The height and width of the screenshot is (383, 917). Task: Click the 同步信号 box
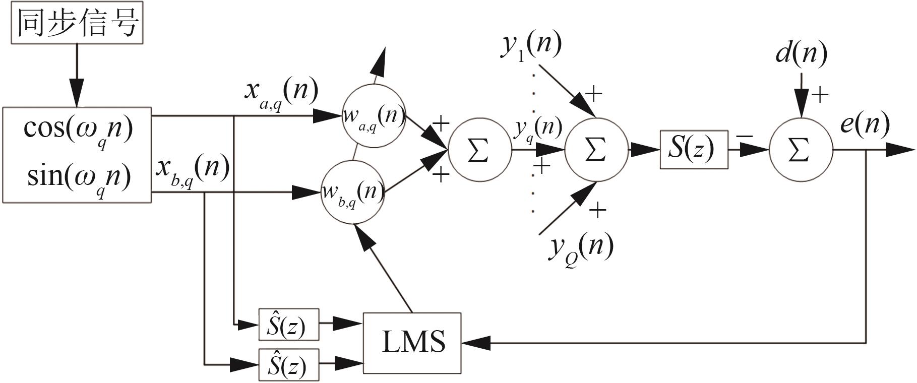click(77, 23)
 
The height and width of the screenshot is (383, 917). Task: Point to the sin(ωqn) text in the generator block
click(78, 177)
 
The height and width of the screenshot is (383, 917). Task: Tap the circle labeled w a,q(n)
click(374, 117)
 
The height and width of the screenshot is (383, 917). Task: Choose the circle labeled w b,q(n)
click(352, 192)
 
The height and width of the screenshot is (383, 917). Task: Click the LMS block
click(412, 343)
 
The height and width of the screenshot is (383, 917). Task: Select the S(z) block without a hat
click(694, 149)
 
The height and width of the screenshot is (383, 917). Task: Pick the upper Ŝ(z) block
click(288, 325)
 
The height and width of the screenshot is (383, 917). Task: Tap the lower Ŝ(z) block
click(288, 364)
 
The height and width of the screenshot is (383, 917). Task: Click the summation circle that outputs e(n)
click(800, 150)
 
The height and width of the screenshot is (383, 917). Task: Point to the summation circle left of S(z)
click(595, 150)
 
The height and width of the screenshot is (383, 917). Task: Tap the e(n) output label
click(864, 123)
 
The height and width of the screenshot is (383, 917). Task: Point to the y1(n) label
click(531, 46)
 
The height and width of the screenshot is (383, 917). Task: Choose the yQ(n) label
click(581, 248)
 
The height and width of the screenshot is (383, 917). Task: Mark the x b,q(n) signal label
click(192, 169)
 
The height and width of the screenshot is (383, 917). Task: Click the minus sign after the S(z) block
click(745, 137)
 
